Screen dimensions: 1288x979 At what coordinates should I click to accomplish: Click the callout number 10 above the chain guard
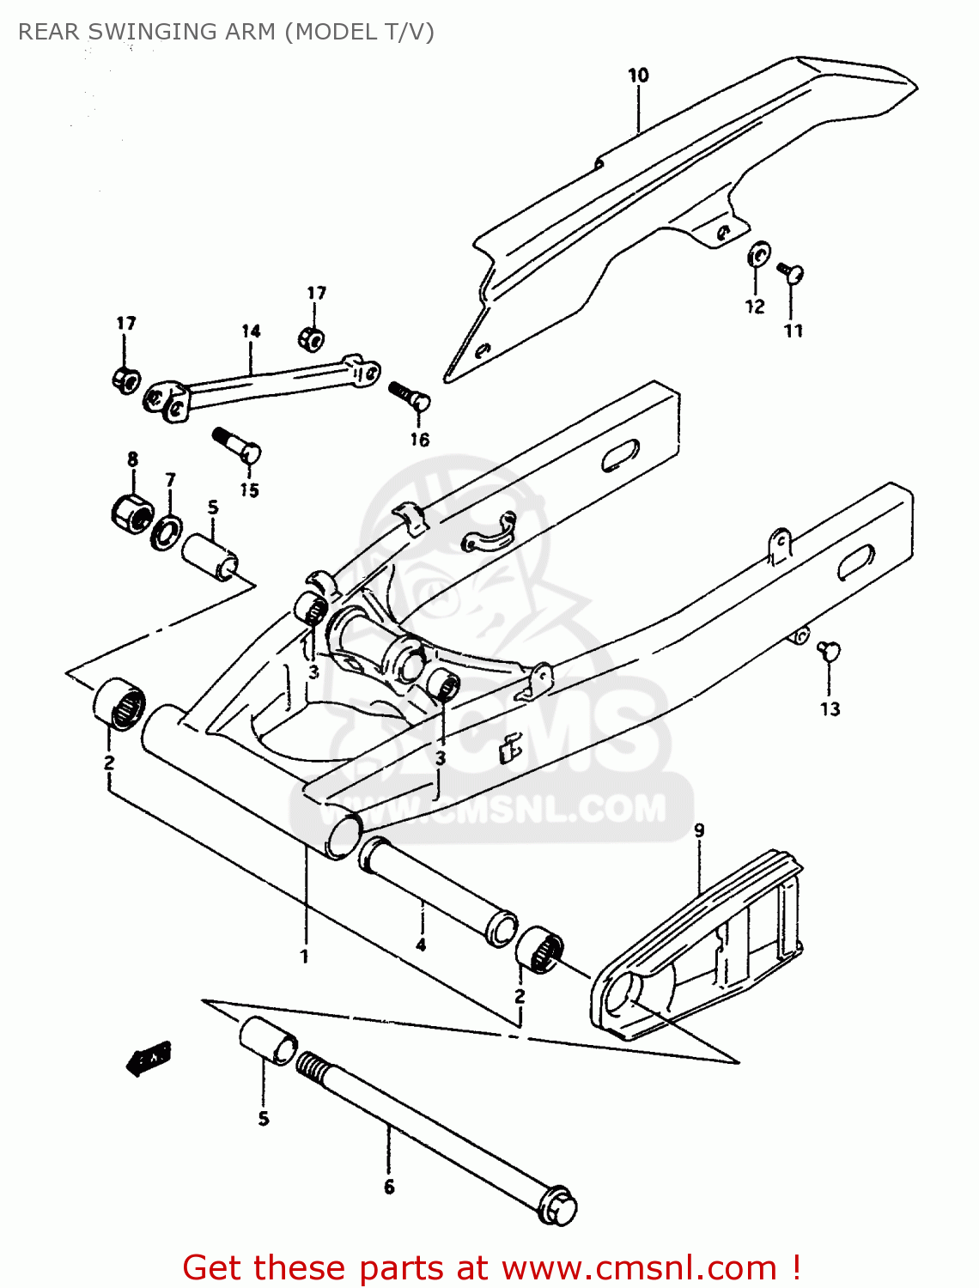pyautogui.click(x=638, y=76)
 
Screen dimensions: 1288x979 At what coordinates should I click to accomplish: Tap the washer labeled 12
pyautogui.click(x=758, y=255)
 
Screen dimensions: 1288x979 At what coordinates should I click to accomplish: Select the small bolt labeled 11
pyautogui.click(x=792, y=273)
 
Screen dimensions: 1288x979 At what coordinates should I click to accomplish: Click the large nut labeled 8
pyautogui.click(x=131, y=513)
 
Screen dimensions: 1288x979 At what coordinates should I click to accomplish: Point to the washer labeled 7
pyautogui.click(x=166, y=532)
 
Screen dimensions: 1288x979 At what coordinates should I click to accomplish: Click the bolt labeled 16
pyautogui.click(x=410, y=397)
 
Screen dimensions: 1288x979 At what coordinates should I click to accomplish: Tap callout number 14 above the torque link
pyautogui.click(x=251, y=331)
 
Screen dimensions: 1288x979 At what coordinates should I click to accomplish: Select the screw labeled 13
pyautogui.click(x=829, y=651)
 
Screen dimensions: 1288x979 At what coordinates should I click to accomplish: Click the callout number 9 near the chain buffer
pyautogui.click(x=699, y=830)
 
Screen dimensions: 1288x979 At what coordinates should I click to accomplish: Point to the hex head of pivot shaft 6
pyautogui.click(x=558, y=1206)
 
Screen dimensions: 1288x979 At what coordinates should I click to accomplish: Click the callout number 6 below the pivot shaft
pyautogui.click(x=389, y=1187)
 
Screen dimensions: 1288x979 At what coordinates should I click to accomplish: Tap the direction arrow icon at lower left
pyautogui.click(x=149, y=1058)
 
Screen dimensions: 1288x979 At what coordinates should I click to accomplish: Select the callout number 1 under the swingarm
pyautogui.click(x=304, y=956)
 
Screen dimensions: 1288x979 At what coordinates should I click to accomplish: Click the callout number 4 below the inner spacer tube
pyautogui.click(x=421, y=945)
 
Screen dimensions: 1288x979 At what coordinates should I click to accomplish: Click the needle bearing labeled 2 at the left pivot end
pyautogui.click(x=119, y=704)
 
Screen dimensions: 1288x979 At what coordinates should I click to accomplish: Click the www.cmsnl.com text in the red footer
pyautogui.click(x=639, y=1267)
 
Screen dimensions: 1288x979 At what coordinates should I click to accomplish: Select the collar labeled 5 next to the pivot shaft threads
pyautogui.click(x=268, y=1041)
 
